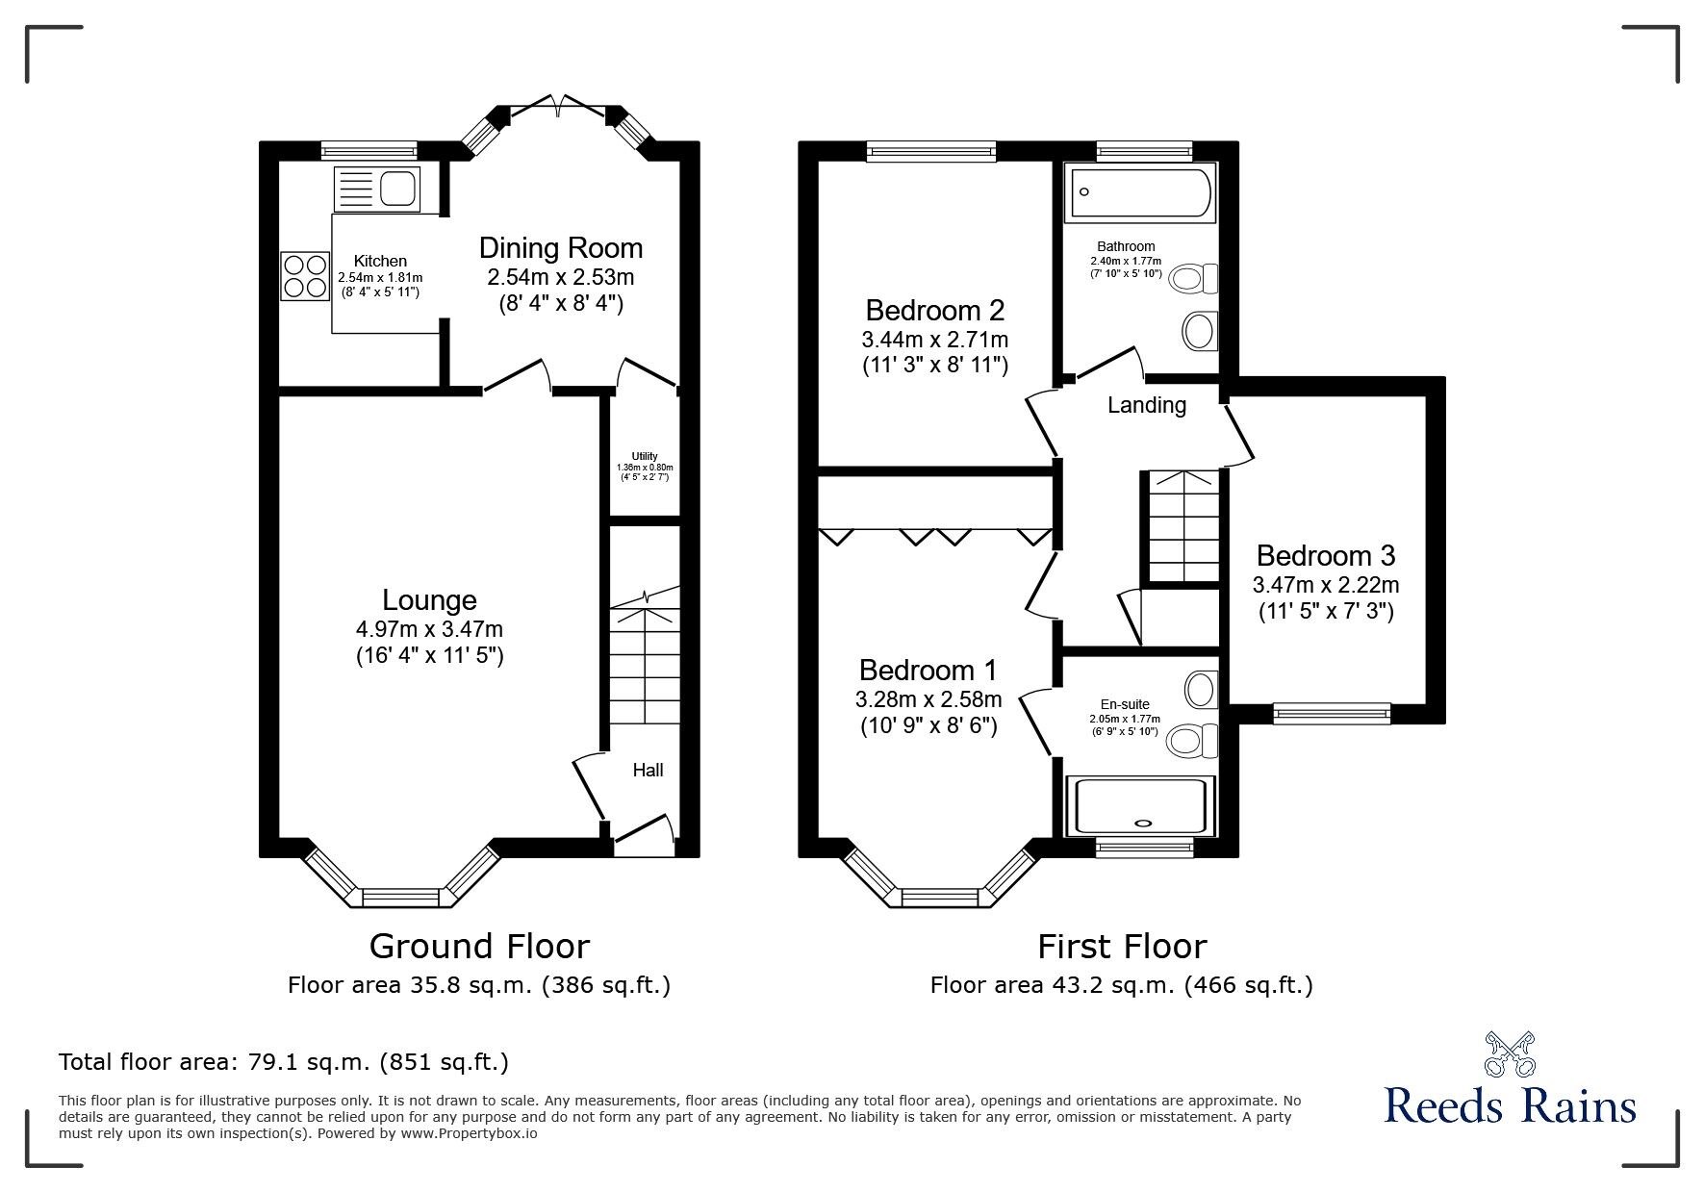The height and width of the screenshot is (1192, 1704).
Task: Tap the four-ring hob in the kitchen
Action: click(305, 275)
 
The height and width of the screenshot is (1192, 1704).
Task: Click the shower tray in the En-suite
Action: click(1141, 805)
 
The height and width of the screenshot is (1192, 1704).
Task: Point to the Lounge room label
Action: click(429, 600)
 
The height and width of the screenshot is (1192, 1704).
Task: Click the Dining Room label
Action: click(561, 248)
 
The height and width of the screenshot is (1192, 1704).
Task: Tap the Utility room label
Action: click(645, 456)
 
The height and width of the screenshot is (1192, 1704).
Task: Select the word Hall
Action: click(648, 770)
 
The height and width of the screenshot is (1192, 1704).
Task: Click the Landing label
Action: click(1147, 406)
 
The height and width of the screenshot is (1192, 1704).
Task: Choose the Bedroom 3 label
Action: click(1326, 555)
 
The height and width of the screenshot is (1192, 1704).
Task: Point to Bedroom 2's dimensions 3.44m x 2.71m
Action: click(935, 340)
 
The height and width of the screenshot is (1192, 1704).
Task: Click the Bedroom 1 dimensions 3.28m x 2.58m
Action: click(928, 699)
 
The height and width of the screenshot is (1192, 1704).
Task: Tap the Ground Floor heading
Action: click(479, 947)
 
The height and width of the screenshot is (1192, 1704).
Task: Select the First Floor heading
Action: click(1122, 947)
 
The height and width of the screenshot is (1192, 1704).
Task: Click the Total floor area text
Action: click(284, 1062)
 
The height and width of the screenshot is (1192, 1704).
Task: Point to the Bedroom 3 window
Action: click(1332, 713)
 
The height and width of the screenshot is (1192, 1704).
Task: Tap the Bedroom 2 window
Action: click(930, 150)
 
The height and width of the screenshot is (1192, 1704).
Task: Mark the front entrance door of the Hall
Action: click(643, 833)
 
